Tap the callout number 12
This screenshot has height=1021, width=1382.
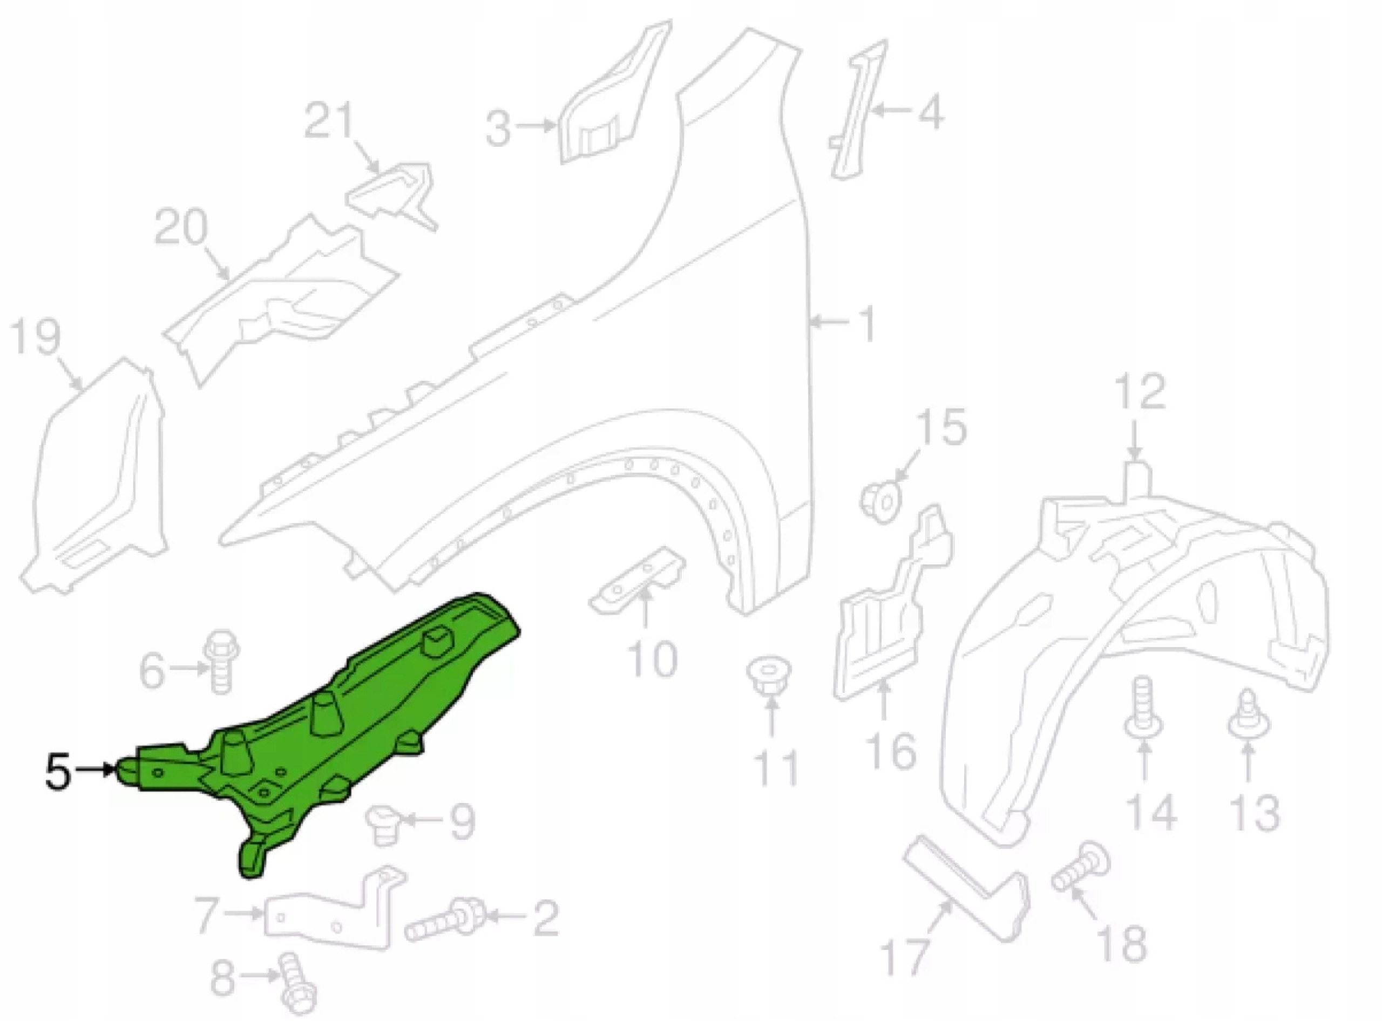click(x=1141, y=390)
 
